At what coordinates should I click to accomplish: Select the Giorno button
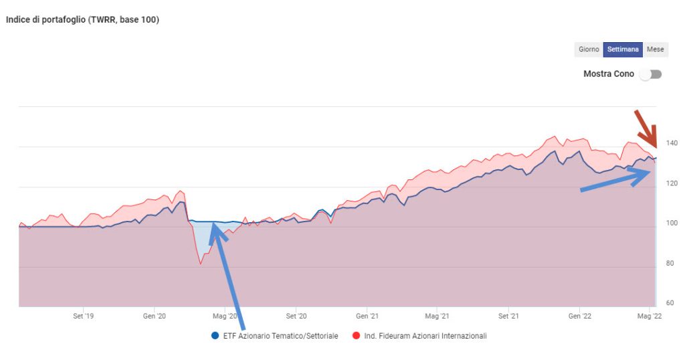click(x=589, y=50)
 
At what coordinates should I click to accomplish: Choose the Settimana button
click(x=623, y=50)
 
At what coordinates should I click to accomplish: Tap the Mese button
click(x=655, y=50)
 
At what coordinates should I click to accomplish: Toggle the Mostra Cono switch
click(x=650, y=74)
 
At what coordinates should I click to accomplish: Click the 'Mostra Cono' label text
click(x=608, y=74)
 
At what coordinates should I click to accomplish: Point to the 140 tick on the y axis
click(x=672, y=143)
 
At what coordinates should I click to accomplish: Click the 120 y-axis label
click(x=672, y=183)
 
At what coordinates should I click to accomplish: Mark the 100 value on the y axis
click(x=672, y=223)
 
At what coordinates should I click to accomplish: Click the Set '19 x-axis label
click(x=83, y=315)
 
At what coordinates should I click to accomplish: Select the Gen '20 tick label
click(x=155, y=315)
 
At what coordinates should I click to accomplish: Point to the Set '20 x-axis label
click(x=296, y=315)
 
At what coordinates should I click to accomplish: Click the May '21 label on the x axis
click(x=436, y=315)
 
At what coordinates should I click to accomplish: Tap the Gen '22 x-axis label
click(x=579, y=315)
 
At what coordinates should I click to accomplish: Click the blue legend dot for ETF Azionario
click(x=215, y=336)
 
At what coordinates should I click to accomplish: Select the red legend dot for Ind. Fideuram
click(x=356, y=336)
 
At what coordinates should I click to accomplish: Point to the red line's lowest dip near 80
click(x=201, y=264)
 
